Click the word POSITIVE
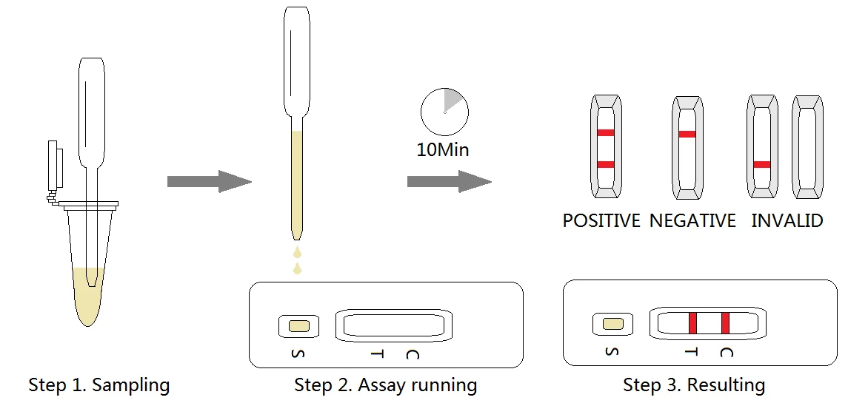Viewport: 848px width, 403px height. (x=601, y=221)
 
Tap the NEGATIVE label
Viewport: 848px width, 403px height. (x=692, y=221)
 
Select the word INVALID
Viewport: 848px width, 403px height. (x=787, y=221)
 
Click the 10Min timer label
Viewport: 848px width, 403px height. (x=443, y=149)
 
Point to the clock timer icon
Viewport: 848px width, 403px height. (x=444, y=112)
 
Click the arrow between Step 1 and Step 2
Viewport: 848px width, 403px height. (x=209, y=181)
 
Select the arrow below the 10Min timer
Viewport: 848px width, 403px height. (x=449, y=181)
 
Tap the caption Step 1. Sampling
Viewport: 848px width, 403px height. (x=99, y=385)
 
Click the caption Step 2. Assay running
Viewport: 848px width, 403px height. (x=385, y=385)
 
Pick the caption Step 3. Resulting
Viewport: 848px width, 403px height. (x=694, y=385)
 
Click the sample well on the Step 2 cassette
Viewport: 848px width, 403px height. (x=298, y=325)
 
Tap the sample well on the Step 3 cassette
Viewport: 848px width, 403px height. (x=612, y=323)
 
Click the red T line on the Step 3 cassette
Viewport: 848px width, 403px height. (x=692, y=323)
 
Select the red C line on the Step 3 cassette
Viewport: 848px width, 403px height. (x=725, y=323)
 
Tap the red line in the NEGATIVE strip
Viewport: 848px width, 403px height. (x=687, y=135)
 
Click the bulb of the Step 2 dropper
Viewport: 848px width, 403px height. (x=296, y=59)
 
